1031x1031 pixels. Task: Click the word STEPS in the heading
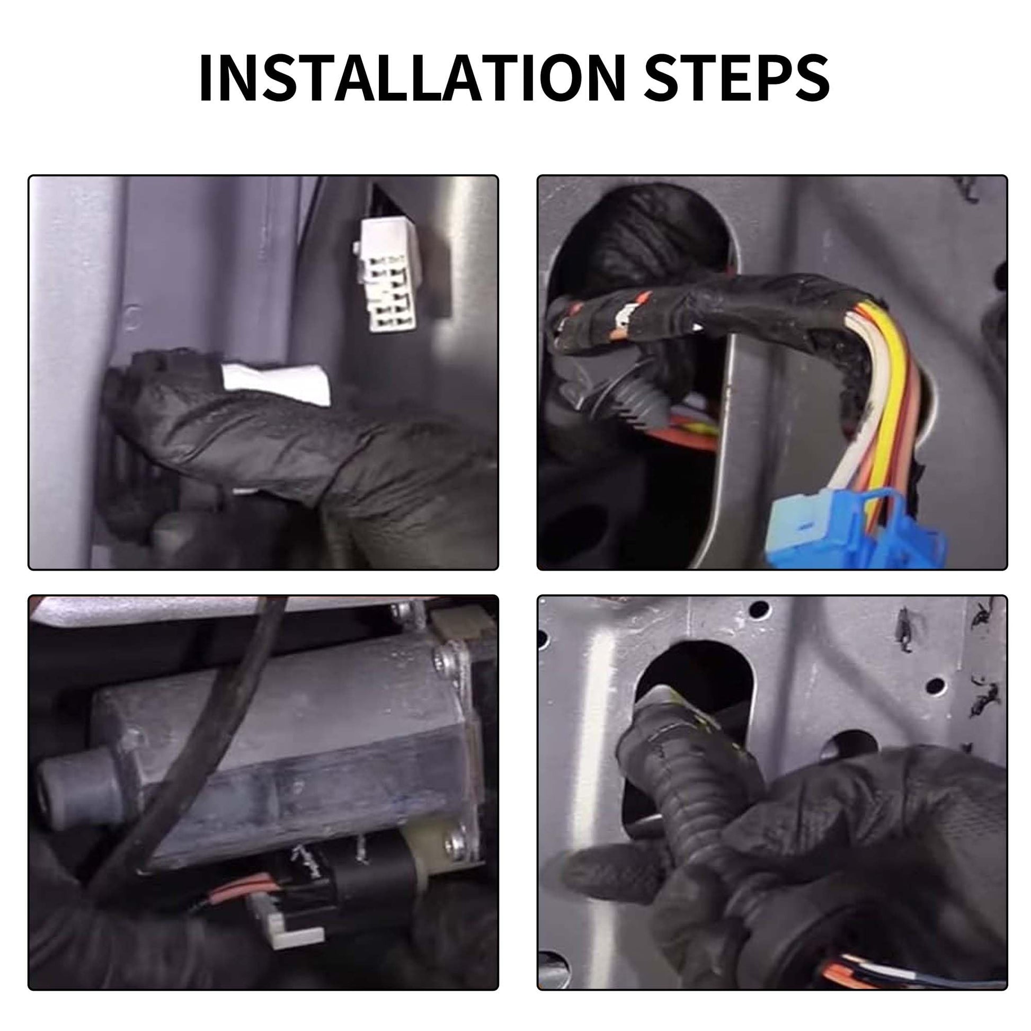pos(737,77)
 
